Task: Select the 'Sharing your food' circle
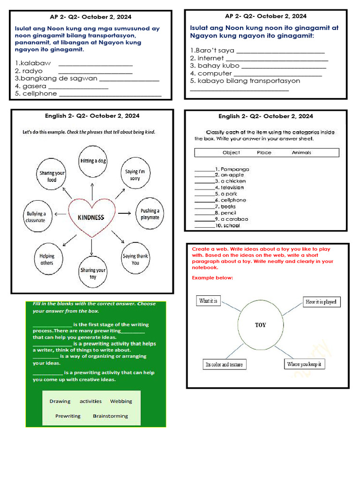[x=52, y=176]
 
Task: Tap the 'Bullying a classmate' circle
[x=36, y=217]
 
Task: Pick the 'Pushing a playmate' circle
[x=150, y=214]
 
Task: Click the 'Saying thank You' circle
[x=135, y=259]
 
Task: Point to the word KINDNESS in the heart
[x=91, y=217]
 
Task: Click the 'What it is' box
[x=208, y=301]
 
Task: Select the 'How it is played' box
[x=321, y=302]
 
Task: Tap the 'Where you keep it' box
[x=305, y=364]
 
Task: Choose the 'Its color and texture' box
[x=224, y=364]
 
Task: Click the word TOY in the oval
[x=260, y=325]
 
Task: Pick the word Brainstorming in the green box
[x=110, y=416]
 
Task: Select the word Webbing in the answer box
[x=121, y=401]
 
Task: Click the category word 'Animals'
[x=301, y=152]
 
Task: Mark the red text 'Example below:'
[x=212, y=278]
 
